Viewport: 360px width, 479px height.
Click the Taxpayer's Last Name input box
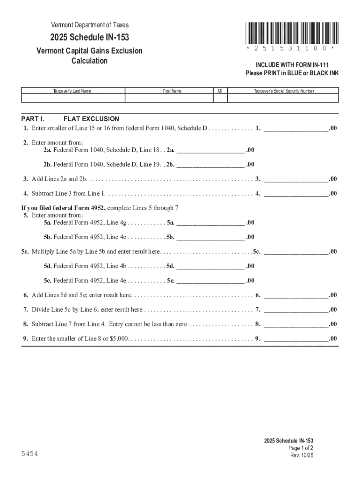click(73, 98)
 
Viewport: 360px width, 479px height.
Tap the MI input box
click(220, 98)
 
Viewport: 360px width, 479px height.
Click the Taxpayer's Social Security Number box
click(283, 98)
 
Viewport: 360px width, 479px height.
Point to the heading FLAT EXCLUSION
click(91, 119)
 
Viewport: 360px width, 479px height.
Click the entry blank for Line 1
click(296, 128)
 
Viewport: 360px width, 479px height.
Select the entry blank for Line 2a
click(210, 150)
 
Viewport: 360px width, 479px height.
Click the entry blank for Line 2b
click(210, 165)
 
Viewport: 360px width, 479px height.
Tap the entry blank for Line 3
click(296, 179)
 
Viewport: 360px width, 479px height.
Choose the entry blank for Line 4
click(296, 194)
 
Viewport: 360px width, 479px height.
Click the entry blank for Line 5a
click(210, 223)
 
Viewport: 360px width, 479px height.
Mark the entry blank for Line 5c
click(296, 252)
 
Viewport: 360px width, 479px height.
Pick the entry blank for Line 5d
click(210, 266)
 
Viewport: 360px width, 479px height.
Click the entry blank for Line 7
click(296, 310)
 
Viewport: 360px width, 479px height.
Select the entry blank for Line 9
click(296, 339)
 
